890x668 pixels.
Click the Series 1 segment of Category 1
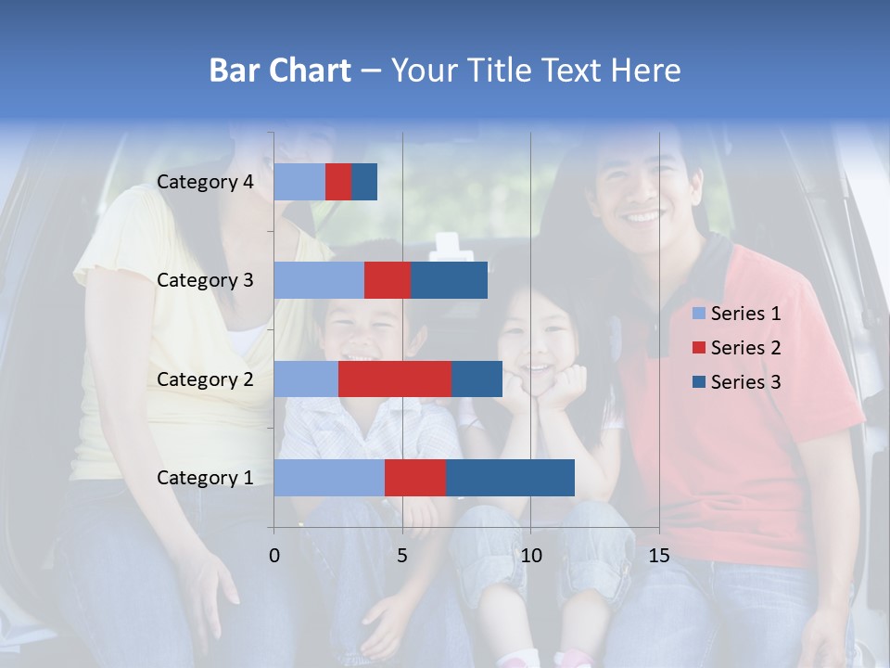coord(329,478)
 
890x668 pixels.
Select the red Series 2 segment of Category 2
coord(395,379)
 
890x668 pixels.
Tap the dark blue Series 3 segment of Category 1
coord(510,478)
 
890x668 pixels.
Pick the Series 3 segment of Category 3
coord(449,280)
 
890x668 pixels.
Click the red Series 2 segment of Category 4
coord(338,182)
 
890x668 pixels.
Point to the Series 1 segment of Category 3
coord(319,280)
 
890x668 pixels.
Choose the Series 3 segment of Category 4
coord(364,182)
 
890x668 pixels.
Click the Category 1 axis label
coord(205,478)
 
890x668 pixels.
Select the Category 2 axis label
coord(205,379)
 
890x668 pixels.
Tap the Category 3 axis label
coord(205,280)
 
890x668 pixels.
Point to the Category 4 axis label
coord(205,182)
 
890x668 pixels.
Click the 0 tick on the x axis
coord(274,556)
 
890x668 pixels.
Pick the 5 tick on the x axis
coord(402,556)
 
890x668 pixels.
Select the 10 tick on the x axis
coord(530,556)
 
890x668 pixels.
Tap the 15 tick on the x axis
coord(659,556)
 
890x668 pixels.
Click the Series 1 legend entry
coord(737,314)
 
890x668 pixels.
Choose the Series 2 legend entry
coord(737,348)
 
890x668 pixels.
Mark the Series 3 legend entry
coord(737,382)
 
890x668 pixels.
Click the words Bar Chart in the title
coord(280,71)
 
